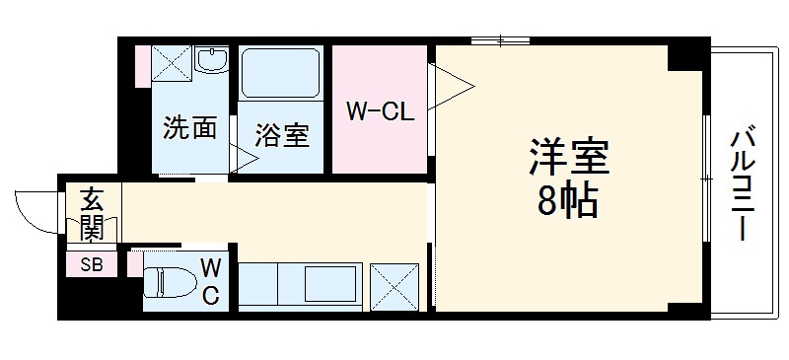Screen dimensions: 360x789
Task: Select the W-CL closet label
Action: [x=380, y=111]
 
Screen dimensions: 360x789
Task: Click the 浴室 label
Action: [x=282, y=135]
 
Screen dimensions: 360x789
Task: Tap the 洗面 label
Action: [x=189, y=128]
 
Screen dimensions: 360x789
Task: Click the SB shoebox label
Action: [x=91, y=265]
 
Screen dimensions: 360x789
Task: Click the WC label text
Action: [x=211, y=281]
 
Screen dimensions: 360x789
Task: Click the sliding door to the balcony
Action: [x=708, y=178]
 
